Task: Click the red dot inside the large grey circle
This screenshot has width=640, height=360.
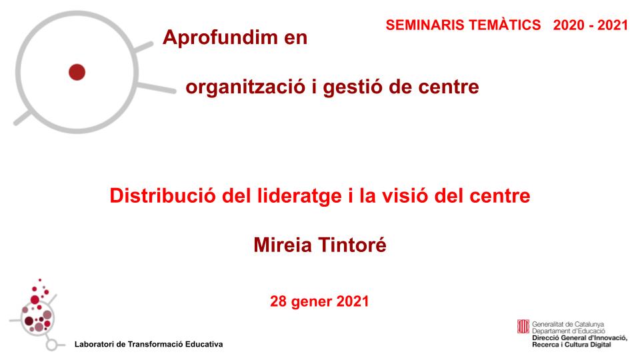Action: click(77, 71)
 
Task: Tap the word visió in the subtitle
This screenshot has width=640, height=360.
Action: click(410, 197)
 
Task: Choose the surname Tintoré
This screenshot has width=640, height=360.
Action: click(355, 246)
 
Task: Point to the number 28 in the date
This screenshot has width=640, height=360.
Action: click(278, 301)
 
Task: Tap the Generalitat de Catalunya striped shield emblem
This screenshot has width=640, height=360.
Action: click(523, 325)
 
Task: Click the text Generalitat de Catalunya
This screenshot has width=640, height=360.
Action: click(568, 323)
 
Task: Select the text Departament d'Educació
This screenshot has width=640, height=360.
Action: click(568, 330)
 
